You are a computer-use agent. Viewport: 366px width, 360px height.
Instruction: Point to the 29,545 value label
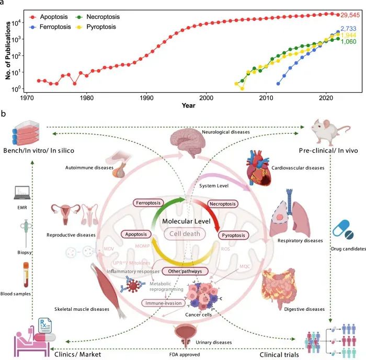click(346, 15)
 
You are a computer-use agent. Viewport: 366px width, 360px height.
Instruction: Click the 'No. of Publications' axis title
click(9, 51)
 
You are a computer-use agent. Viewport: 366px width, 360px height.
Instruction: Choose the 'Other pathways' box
click(186, 271)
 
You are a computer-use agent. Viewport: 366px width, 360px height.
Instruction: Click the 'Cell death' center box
click(184, 234)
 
